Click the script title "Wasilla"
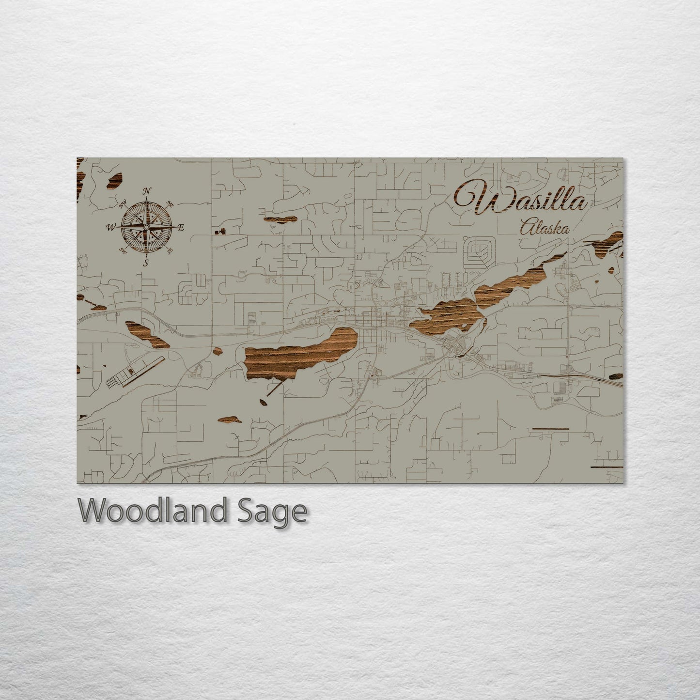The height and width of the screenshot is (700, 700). click(x=521, y=199)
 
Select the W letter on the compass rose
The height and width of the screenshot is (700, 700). click(x=111, y=226)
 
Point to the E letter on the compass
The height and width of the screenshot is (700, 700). click(x=181, y=227)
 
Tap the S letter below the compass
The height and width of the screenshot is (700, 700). click(x=145, y=263)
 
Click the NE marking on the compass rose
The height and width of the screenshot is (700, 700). click(x=170, y=203)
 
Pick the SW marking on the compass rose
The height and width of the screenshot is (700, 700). click(x=123, y=250)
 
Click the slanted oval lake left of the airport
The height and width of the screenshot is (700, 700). click(x=147, y=334)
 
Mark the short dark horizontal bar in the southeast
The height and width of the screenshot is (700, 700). click(x=550, y=428)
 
